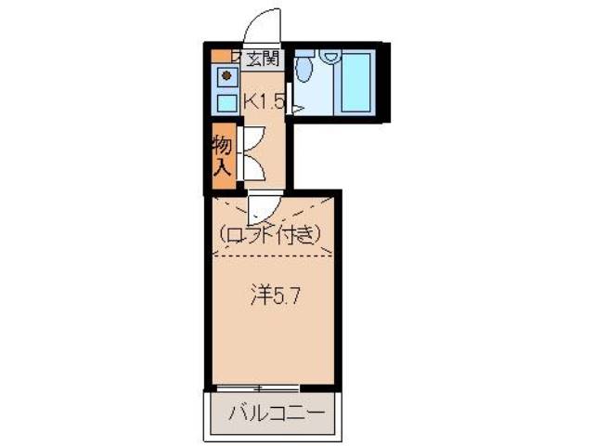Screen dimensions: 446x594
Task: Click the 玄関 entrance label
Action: (262, 59)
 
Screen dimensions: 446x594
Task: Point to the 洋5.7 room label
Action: (274, 296)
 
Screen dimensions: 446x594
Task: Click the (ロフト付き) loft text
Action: (271, 234)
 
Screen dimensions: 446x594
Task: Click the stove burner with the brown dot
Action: (226, 76)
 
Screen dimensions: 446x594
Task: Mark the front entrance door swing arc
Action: (264, 24)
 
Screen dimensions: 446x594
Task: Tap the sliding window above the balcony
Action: (259, 387)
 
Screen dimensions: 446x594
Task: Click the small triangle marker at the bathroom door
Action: (296, 111)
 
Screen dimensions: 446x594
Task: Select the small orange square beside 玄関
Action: (218, 56)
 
